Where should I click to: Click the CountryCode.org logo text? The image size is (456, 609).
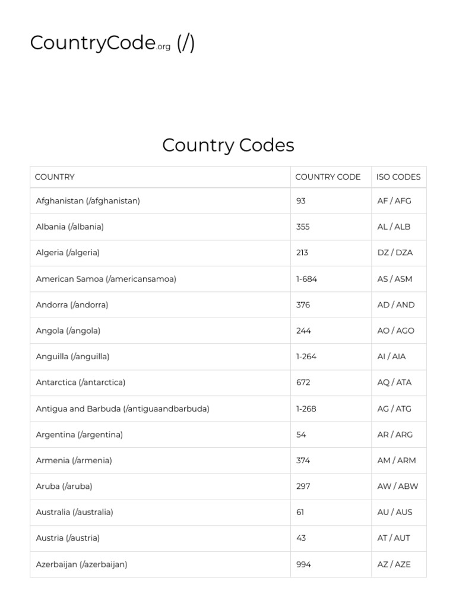(100, 43)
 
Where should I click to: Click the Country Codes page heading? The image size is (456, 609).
(228, 145)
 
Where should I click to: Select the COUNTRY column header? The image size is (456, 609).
(55, 177)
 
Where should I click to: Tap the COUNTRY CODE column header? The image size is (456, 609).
(328, 177)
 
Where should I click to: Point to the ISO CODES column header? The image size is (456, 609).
(398, 177)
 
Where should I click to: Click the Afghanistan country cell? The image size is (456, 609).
(88, 201)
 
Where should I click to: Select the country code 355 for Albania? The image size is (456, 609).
(303, 227)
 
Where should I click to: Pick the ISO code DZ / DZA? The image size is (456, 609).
(395, 253)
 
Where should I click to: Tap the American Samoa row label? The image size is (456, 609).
(106, 279)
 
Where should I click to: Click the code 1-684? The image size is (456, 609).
(306, 279)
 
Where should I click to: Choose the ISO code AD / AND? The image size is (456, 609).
(396, 305)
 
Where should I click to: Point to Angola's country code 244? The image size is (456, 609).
(303, 331)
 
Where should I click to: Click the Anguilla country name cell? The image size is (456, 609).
(72, 357)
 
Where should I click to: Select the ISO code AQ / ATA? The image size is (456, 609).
(394, 382)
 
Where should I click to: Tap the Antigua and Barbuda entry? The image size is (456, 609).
(122, 409)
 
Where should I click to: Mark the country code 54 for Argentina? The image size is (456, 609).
(301, 435)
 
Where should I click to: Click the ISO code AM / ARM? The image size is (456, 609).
(397, 460)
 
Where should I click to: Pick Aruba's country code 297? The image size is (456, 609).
(303, 486)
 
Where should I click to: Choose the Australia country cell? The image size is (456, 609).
(74, 512)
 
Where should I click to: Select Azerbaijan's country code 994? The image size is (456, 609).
(303, 564)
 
